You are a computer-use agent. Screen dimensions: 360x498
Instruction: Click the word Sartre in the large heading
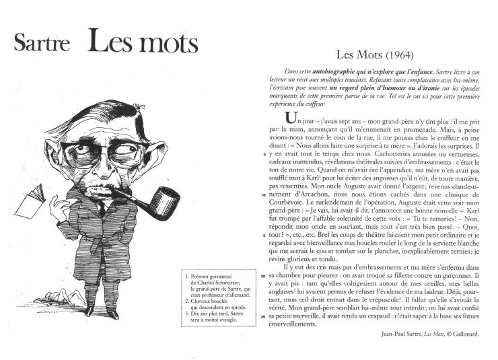[x=42, y=43]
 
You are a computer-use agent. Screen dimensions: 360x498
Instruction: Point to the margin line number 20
[x=262, y=276]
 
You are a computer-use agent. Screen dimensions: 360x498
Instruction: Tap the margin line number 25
[x=262, y=316]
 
